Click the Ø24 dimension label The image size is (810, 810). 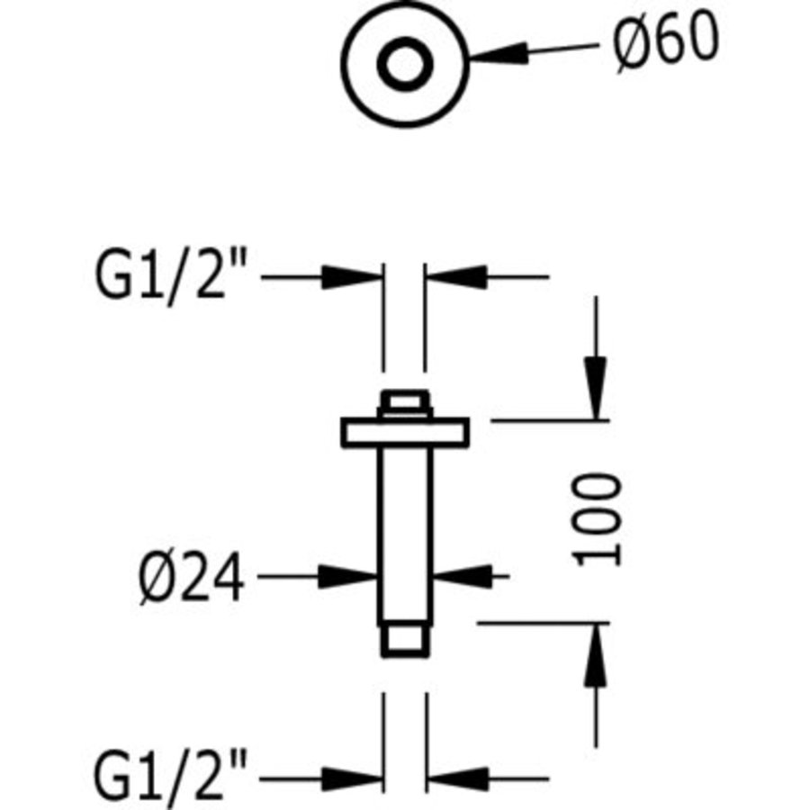pyautogui.click(x=191, y=577)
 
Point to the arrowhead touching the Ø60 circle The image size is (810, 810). pyautogui.click(x=498, y=53)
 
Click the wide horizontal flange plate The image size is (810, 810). pyautogui.click(x=405, y=432)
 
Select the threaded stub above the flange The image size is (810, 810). pyautogui.click(x=405, y=404)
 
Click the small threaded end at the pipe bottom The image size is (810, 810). pyautogui.click(x=405, y=641)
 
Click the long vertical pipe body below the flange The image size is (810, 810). pyautogui.click(x=405, y=536)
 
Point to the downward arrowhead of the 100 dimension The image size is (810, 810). pyautogui.click(x=596, y=387)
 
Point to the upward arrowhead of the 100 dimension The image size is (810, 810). pyautogui.click(x=596, y=655)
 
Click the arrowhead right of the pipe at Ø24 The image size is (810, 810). pyautogui.click(x=462, y=577)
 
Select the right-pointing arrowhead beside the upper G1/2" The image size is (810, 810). pyautogui.click(x=352, y=277)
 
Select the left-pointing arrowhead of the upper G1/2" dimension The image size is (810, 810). pyautogui.click(x=455, y=277)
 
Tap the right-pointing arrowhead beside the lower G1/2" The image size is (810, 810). pyautogui.click(x=352, y=779)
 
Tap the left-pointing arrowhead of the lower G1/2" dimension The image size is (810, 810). pyautogui.click(x=458, y=779)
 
